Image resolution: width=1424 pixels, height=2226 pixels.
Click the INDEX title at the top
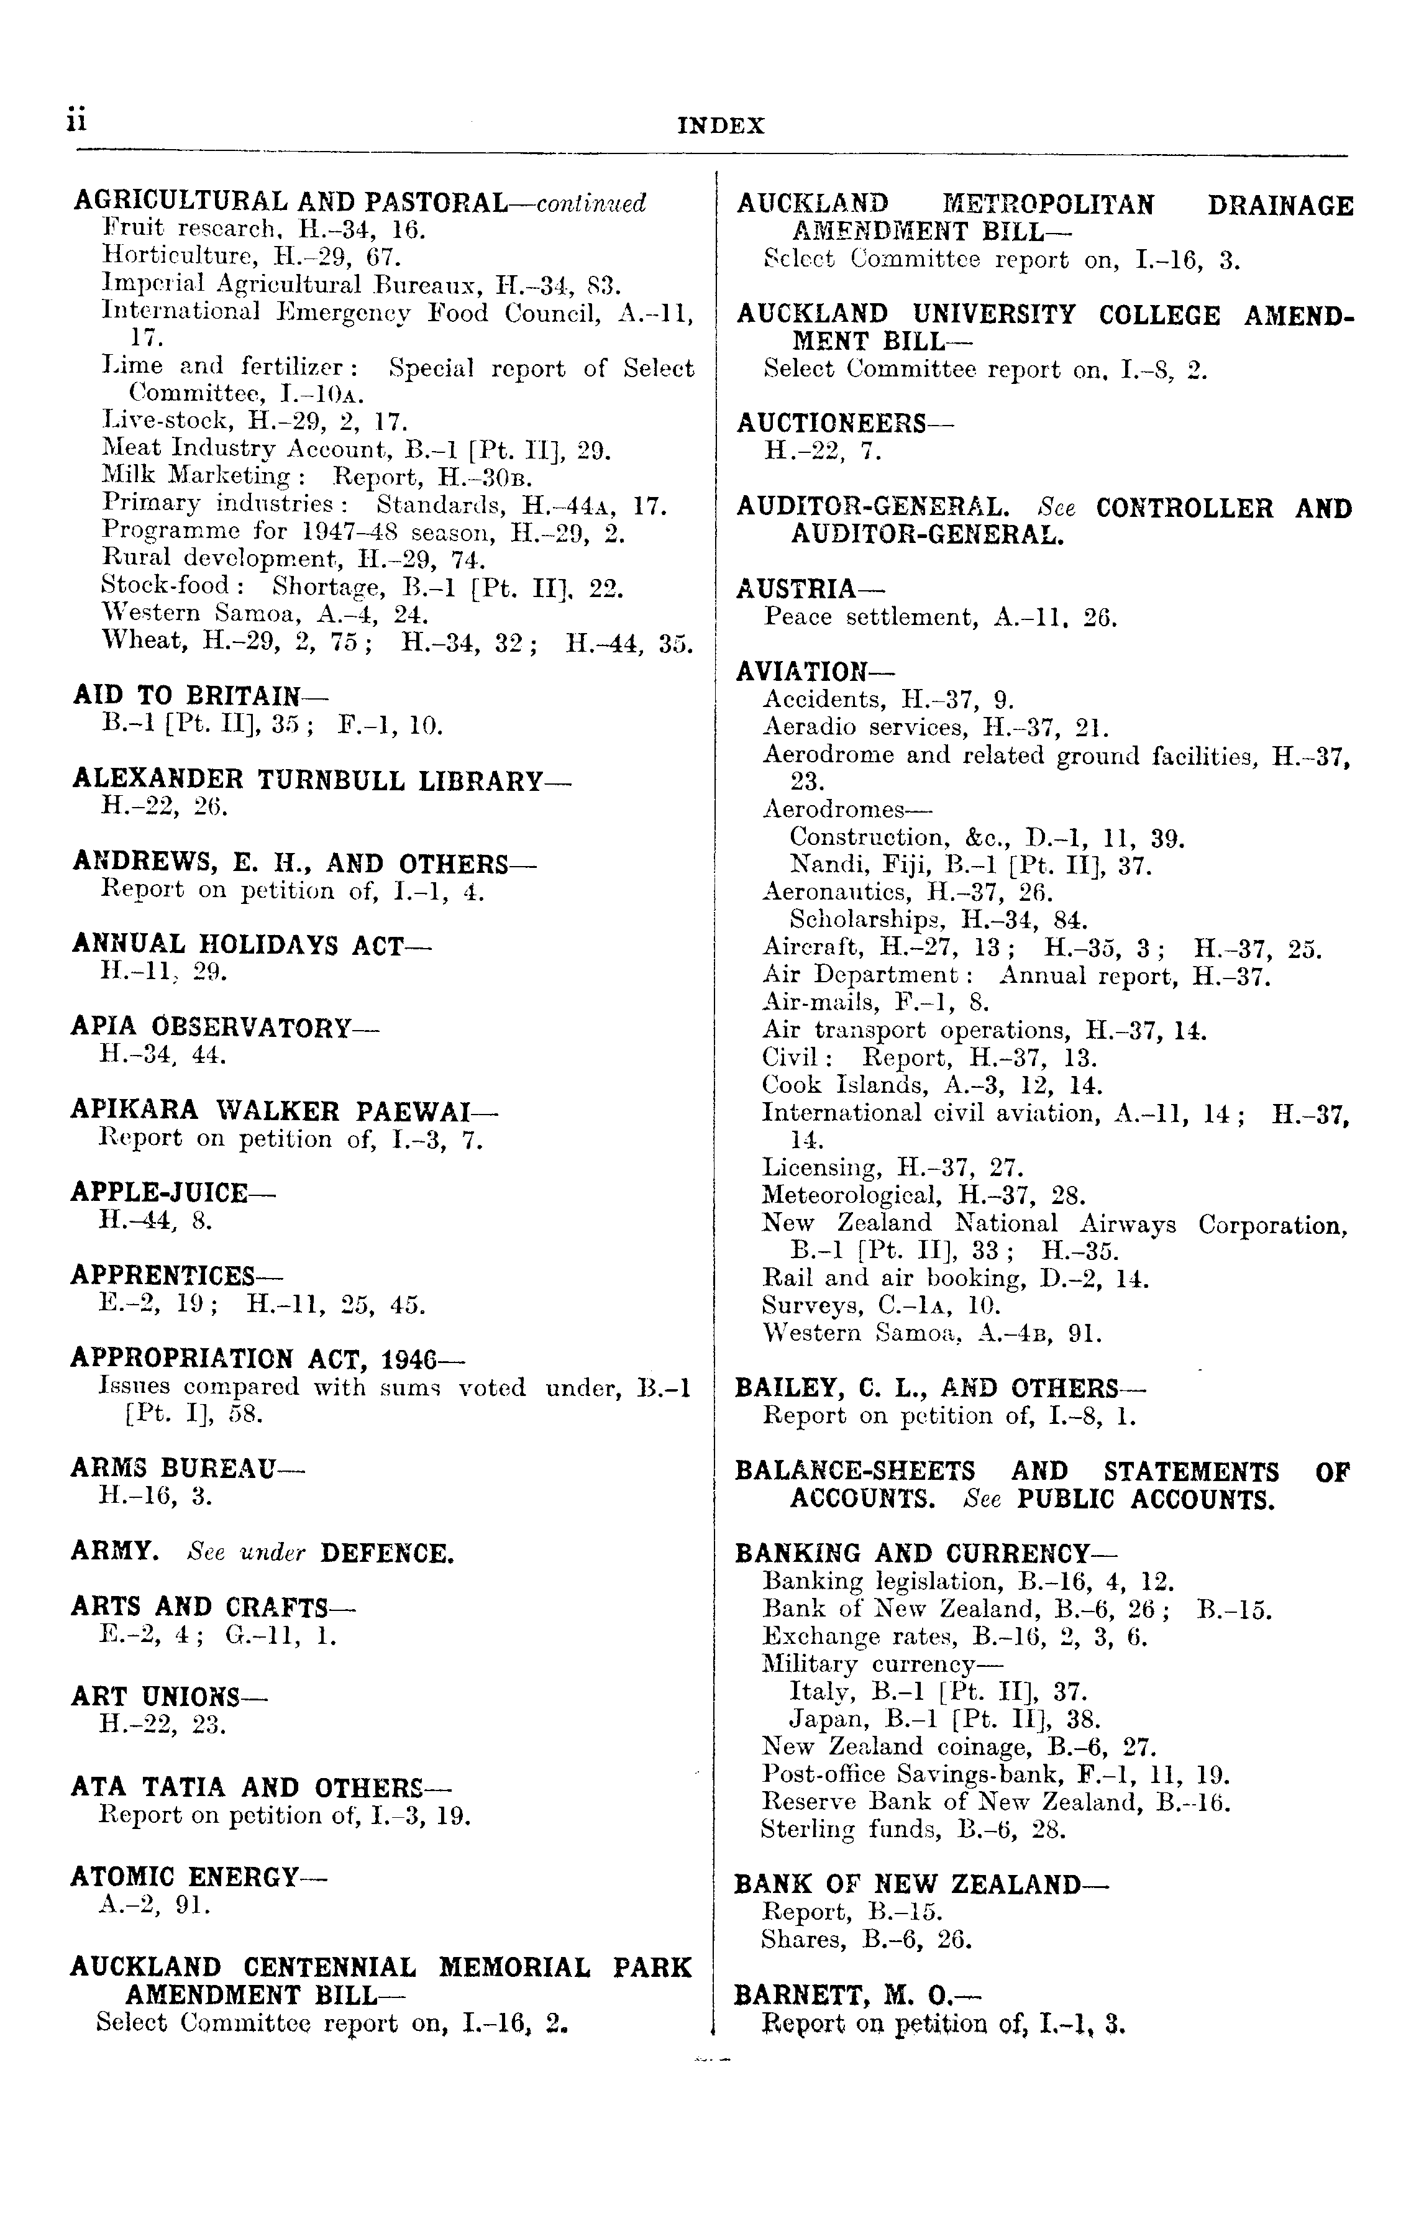coord(721,125)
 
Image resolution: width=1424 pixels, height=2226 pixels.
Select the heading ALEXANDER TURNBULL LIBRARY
coord(321,780)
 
